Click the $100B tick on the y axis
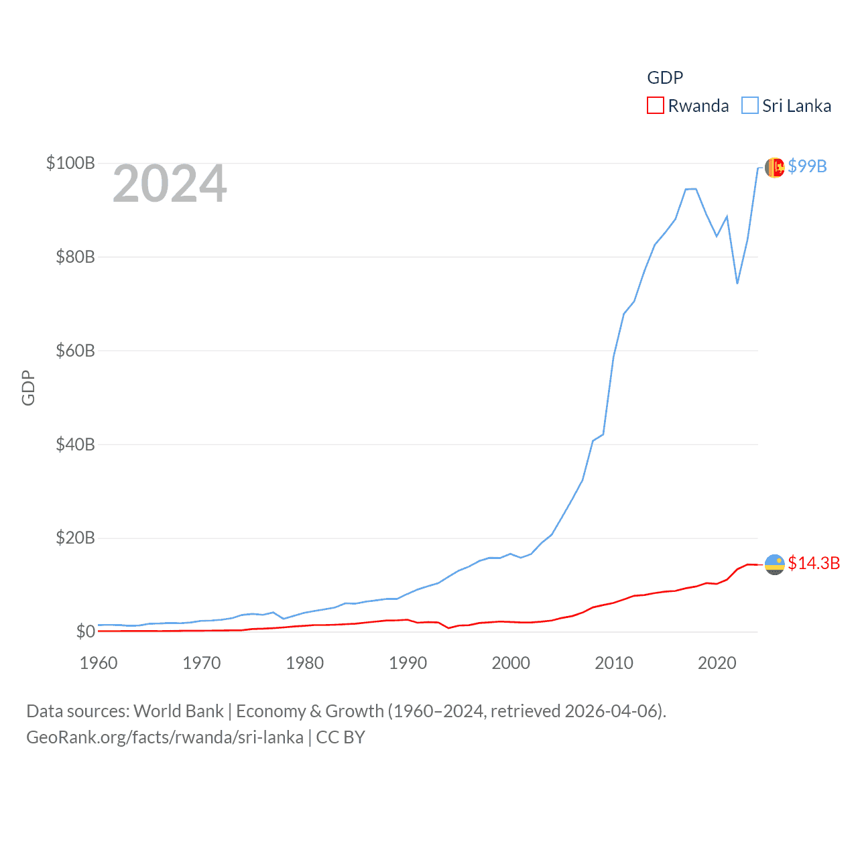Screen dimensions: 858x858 pyautogui.click(x=70, y=163)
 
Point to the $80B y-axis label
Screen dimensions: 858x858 pyautogui.click(x=75, y=257)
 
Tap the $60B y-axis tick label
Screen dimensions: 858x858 pyautogui.click(x=75, y=351)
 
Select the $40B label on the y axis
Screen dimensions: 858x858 pyautogui.click(x=75, y=444)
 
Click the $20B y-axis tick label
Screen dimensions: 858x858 pyautogui.click(x=75, y=538)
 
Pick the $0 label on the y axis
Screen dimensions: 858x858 pyautogui.click(x=85, y=631)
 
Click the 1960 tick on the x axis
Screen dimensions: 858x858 pyautogui.click(x=99, y=663)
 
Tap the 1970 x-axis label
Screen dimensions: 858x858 pyautogui.click(x=201, y=663)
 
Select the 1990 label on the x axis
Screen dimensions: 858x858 pyautogui.click(x=408, y=663)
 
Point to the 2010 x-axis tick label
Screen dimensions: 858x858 pyautogui.click(x=614, y=663)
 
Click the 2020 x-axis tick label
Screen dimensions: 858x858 pyautogui.click(x=717, y=663)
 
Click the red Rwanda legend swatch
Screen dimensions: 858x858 pyautogui.click(x=655, y=106)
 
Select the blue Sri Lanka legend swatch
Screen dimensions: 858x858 pyautogui.click(x=749, y=106)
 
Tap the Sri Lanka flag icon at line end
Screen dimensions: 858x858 pyautogui.click(x=775, y=168)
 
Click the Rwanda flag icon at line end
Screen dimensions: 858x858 pyautogui.click(x=775, y=564)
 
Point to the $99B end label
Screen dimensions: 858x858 pyautogui.click(x=807, y=166)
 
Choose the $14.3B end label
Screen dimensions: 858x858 pyautogui.click(x=814, y=563)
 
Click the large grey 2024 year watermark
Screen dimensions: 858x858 pyautogui.click(x=170, y=184)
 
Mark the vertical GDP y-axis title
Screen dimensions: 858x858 pyautogui.click(x=28, y=387)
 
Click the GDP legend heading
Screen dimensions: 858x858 pyautogui.click(x=665, y=78)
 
